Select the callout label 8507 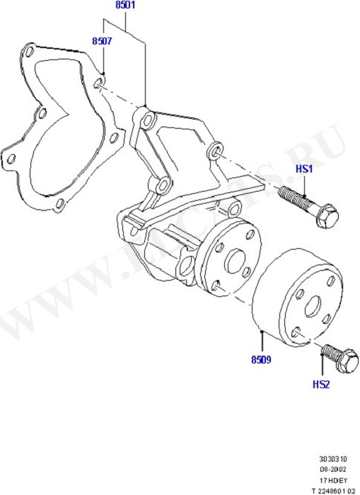pos(101,42)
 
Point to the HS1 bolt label pos(303,170)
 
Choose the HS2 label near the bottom pos(321,385)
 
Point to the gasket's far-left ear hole pos(11,158)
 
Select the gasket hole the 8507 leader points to pos(98,85)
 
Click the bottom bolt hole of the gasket pos(59,205)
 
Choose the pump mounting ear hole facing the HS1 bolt pos(216,152)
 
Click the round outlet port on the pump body pos(186,267)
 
